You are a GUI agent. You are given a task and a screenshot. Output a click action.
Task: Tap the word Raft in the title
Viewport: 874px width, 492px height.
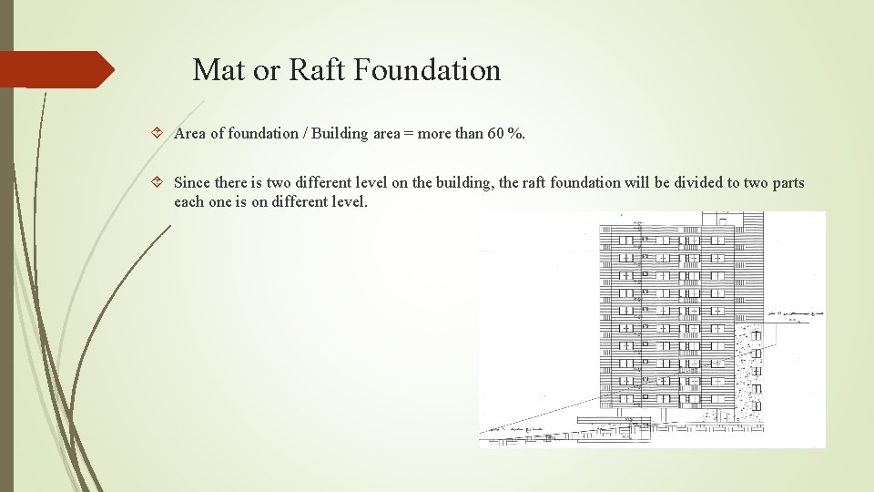pyautogui.click(x=318, y=69)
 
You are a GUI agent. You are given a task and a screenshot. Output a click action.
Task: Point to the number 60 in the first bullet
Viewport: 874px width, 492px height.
pyautogui.click(x=496, y=134)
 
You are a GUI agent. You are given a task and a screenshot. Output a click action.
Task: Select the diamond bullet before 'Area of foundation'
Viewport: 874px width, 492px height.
pyautogui.click(x=158, y=134)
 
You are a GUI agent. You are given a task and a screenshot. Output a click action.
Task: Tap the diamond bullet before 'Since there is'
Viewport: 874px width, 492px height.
pyautogui.click(x=158, y=182)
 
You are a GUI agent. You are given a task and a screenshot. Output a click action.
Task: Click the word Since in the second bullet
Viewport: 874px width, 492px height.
pyautogui.click(x=192, y=182)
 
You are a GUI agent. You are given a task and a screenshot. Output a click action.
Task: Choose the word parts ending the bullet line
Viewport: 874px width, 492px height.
pyautogui.click(x=787, y=182)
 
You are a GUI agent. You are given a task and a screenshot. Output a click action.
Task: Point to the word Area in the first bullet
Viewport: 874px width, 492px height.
pyautogui.click(x=189, y=134)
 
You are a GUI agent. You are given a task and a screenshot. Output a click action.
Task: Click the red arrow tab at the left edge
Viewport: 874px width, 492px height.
pyautogui.click(x=55, y=69)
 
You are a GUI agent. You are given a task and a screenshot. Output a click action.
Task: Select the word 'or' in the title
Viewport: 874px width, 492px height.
pyautogui.click(x=266, y=69)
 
